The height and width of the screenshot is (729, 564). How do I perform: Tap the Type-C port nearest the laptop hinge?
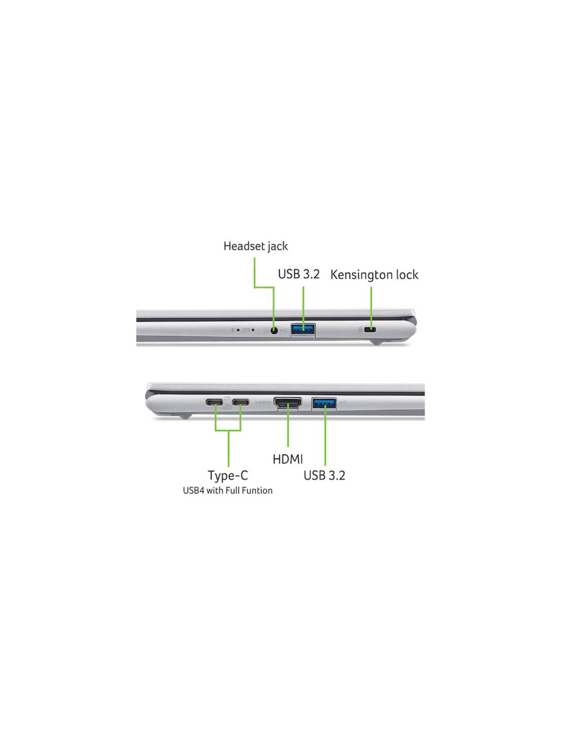coord(214,402)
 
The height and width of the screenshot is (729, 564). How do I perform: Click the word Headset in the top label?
coord(243,246)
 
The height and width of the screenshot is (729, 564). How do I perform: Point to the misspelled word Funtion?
coord(258,491)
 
